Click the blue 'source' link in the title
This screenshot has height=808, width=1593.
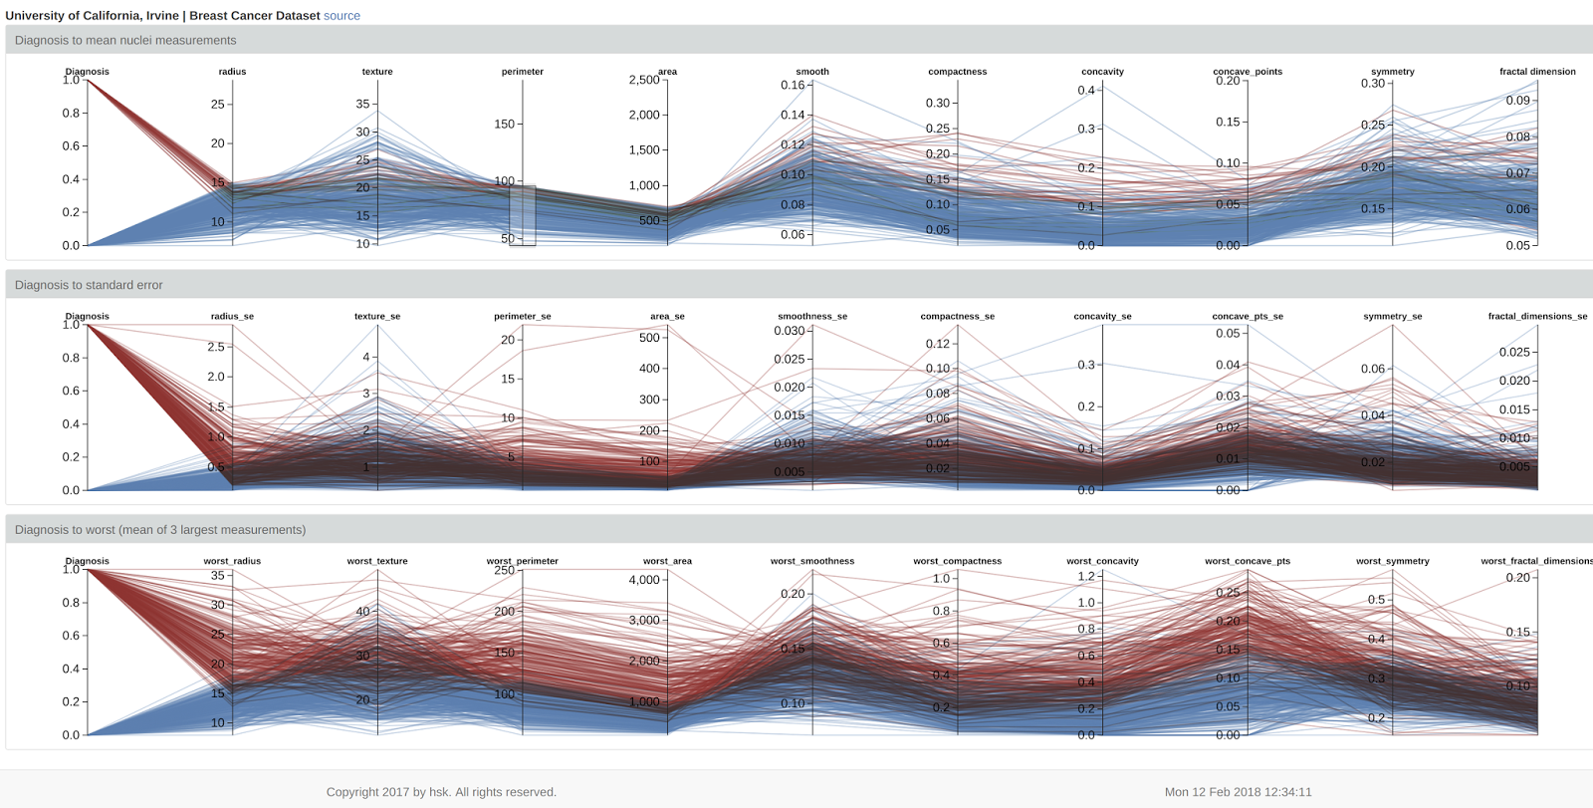(341, 16)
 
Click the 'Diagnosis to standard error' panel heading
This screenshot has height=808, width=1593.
(89, 285)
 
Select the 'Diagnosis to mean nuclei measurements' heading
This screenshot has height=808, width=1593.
(125, 40)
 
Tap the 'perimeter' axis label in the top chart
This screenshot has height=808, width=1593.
(523, 72)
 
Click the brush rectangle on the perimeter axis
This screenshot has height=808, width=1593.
(523, 214)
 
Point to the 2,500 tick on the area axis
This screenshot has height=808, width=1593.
(645, 81)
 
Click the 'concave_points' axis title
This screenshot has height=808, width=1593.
(1248, 72)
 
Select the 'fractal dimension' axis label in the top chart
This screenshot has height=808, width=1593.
(1537, 72)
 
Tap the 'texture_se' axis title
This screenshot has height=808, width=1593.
(377, 317)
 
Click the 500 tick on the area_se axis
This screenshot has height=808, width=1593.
(650, 338)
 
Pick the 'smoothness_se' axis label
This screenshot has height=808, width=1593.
(812, 317)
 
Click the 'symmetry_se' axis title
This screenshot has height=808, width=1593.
(1392, 317)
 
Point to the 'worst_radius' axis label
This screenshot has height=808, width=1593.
(232, 561)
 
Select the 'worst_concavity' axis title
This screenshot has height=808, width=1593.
(1102, 561)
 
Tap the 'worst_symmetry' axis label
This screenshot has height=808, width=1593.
(1392, 561)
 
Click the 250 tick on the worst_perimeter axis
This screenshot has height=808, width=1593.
(505, 571)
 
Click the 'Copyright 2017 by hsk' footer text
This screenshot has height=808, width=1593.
(441, 792)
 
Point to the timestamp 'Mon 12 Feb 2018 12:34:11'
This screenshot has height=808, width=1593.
(1238, 792)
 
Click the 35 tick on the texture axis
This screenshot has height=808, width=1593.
(363, 104)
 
